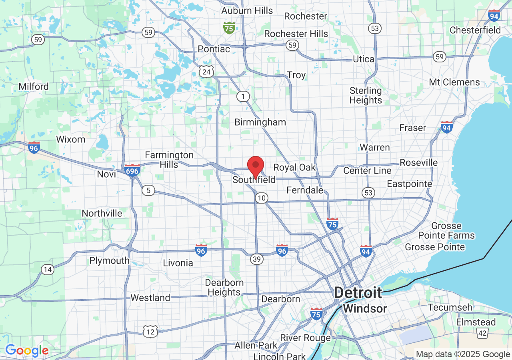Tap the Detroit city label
coord(358,293)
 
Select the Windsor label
coord(365,309)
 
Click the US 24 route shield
coord(206,72)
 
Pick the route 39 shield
coord(257,259)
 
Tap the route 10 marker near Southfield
coord(262,198)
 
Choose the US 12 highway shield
coord(150,331)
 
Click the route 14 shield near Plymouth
coord(48,270)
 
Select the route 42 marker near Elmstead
coord(482,333)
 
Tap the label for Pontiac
coord(214,49)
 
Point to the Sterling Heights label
coord(366,95)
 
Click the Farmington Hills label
coord(169,159)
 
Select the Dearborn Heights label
coord(224,287)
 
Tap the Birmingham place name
coord(260,122)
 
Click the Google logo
coord(27,351)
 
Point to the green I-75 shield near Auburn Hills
coord(229,28)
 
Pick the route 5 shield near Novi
coord(148,190)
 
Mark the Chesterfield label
coord(475,30)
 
